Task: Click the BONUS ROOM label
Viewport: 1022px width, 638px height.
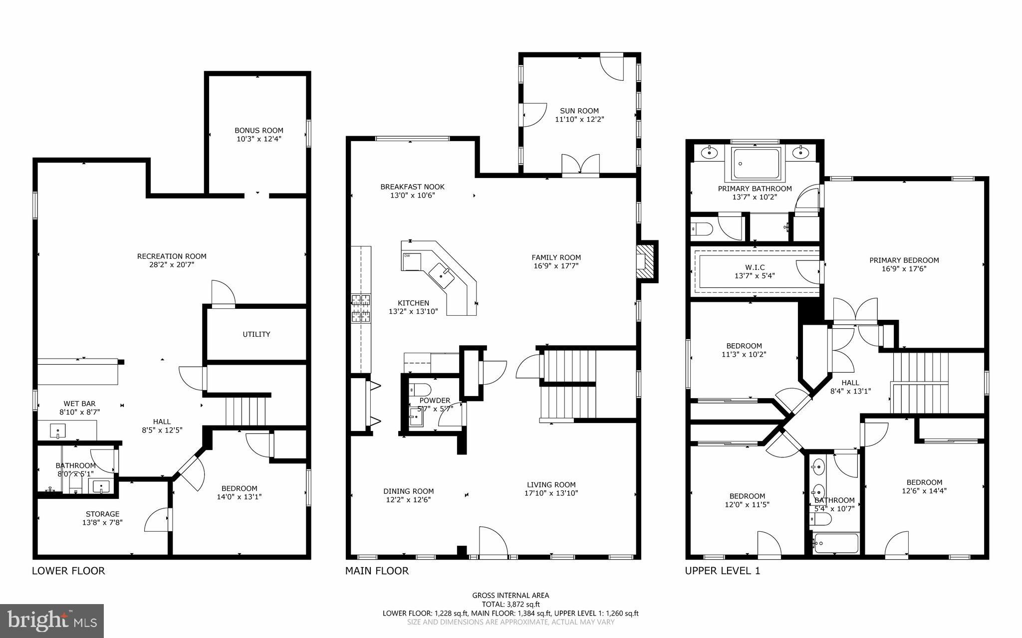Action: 259,130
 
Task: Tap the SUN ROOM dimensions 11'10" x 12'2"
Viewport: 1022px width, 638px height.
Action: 579,120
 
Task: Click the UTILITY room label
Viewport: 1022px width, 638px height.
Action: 256,334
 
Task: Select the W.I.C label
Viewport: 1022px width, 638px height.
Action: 755,267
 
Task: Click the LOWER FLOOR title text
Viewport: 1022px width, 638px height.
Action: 68,571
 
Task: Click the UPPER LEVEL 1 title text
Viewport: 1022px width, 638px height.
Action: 722,571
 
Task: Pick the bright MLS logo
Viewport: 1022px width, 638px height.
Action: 52,621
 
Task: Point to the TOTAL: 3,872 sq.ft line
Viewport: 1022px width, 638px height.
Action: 511,604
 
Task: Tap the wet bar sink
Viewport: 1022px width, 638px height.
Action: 58,430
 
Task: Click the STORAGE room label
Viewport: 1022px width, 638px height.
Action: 102,514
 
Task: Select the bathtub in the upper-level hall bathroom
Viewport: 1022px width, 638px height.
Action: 835,543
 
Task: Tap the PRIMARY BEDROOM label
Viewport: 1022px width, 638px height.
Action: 904,260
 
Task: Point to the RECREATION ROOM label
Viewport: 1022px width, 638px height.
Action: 172,256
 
